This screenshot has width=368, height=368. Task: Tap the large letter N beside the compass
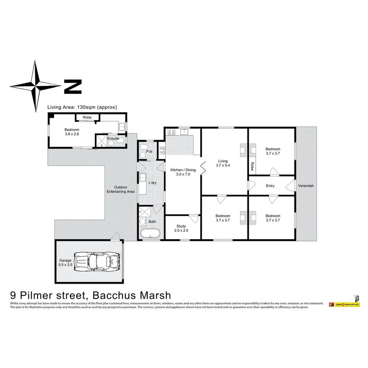73,87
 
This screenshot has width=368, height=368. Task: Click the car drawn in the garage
97,262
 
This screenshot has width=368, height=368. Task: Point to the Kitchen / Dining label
183,172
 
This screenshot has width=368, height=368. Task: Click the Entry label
270,186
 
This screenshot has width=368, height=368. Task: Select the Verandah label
306,186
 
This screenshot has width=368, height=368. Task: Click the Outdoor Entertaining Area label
121,189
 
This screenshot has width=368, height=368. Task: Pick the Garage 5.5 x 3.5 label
65,263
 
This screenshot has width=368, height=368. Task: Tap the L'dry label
152,183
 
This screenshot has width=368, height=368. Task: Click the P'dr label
149,152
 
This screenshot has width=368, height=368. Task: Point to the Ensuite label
113,139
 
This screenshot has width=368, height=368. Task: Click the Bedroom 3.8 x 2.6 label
72,132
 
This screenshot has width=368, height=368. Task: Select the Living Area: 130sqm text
82,107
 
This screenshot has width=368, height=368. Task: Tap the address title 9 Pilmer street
91,295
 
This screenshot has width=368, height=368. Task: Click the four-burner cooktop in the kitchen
171,132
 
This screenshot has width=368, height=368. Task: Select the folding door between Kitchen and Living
203,168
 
